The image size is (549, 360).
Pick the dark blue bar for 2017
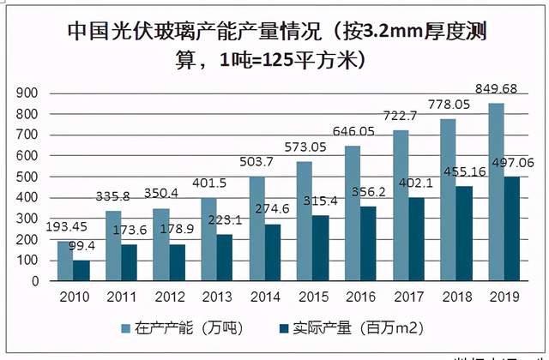pos(416,239)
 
